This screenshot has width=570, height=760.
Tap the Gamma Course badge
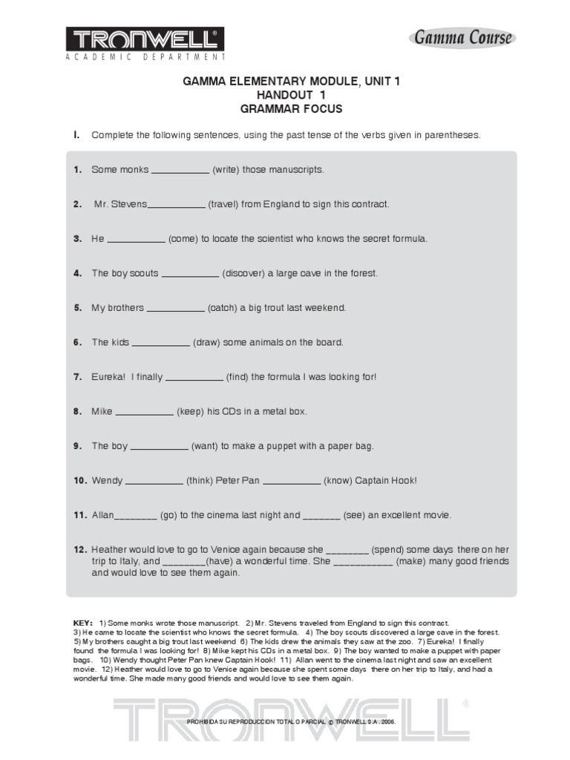click(462, 37)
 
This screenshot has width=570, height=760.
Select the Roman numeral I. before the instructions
click(76, 135)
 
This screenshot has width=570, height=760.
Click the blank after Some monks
click(180, 170)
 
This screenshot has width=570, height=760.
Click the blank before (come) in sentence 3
click(137, 239)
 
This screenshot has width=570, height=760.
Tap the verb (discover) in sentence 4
click(243, 273)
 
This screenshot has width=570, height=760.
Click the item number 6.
click(77, 342)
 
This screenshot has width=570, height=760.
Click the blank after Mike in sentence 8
click(145, 411)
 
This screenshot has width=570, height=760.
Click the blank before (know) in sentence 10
click(292, 481)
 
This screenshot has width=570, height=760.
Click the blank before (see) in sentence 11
click(321, 515)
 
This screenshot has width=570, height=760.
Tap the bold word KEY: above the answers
click(83, 622)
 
